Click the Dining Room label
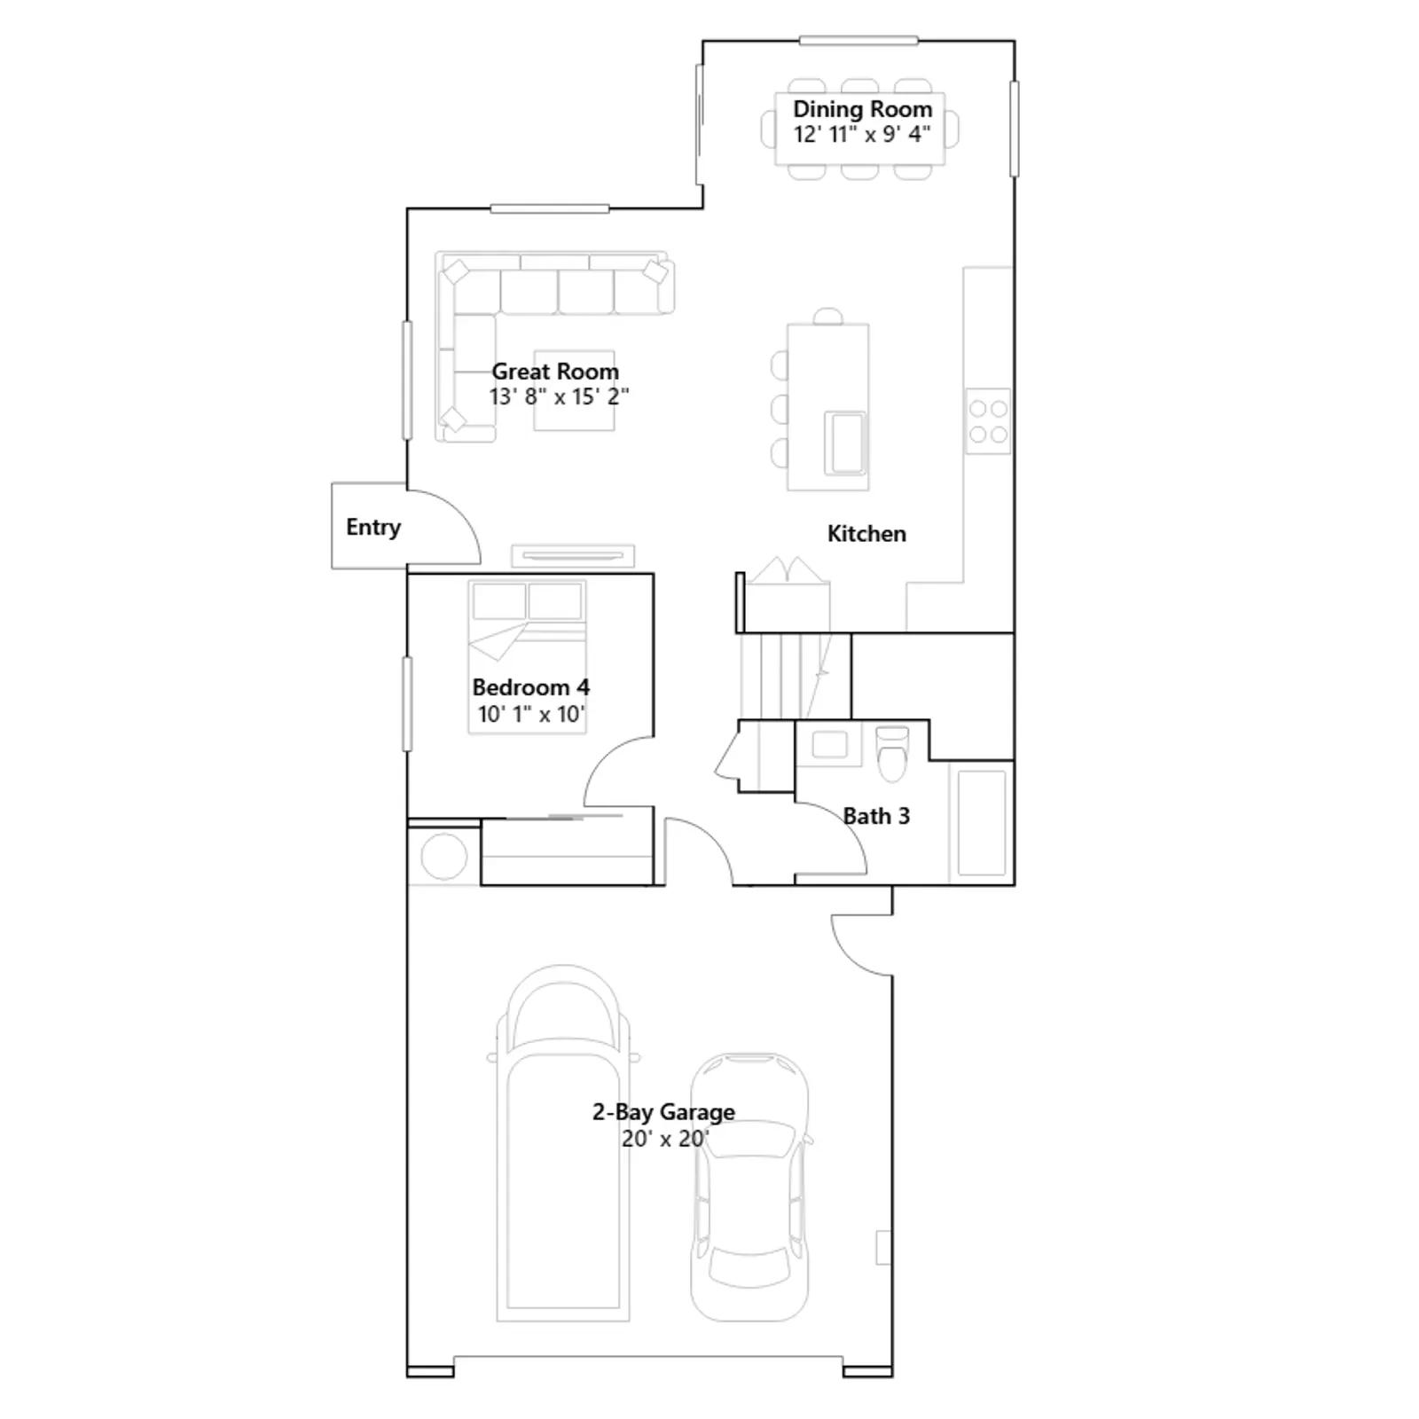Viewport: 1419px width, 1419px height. [x=862, y=109]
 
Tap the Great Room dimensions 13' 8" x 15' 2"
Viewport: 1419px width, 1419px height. [x=559, y=396]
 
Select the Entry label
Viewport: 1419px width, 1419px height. [x=373, y=527]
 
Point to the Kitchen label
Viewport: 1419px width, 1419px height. [x=866, y=533]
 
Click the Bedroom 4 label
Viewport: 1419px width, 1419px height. [x=530, y=687]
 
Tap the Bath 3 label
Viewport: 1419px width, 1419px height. [x=876, y=816]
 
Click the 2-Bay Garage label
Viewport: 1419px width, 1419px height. [x=663, y=1112]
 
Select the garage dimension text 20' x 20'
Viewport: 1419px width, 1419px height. [x=664, y=1138]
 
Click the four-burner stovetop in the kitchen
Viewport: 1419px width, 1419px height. [x=988, y=421]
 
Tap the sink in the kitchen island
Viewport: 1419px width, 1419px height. [x=844, y=443]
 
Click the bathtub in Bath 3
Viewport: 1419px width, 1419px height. [x=982, y=823]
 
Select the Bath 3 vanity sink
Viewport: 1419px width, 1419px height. [x=829, y=743]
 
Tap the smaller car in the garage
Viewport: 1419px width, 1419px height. [x=750, y=1187]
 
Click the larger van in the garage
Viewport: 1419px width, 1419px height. [x=563, y=1143]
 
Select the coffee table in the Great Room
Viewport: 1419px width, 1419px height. [x=574, y=391]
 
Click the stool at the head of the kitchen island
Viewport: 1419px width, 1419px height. [x=828, y=317]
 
